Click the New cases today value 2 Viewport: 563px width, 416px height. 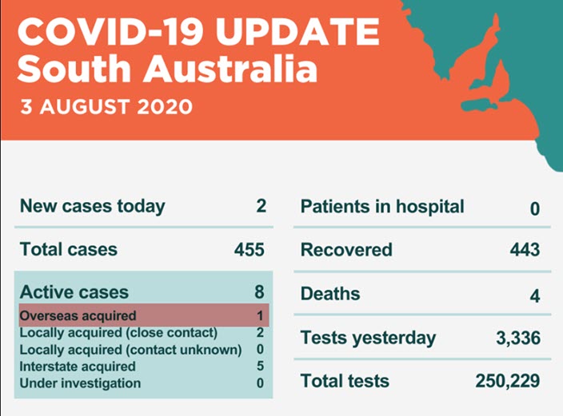[x=261, y=207]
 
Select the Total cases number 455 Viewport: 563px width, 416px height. [x=249, y=250]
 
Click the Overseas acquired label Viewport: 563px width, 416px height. [x=78, y=315]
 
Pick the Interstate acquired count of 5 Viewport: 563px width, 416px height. [x=261, y=366]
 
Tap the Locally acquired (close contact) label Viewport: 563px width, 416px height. [x=118, y=332]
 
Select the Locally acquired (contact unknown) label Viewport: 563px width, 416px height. [x=130, y=350]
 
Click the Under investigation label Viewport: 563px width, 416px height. [x=80, y=383]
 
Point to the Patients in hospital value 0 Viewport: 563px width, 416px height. [x=534, y=208]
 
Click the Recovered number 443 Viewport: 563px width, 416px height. [x=525, y=250]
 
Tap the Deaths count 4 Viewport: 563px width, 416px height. [x=534, y=295]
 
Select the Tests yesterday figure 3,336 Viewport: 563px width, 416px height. [x=518, y=339]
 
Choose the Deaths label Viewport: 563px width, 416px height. [x=330, y=294]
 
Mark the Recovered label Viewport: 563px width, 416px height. [x=346, y=250]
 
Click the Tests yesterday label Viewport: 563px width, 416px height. [x=368, y=338]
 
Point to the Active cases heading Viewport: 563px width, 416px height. [x=74, y=292]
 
